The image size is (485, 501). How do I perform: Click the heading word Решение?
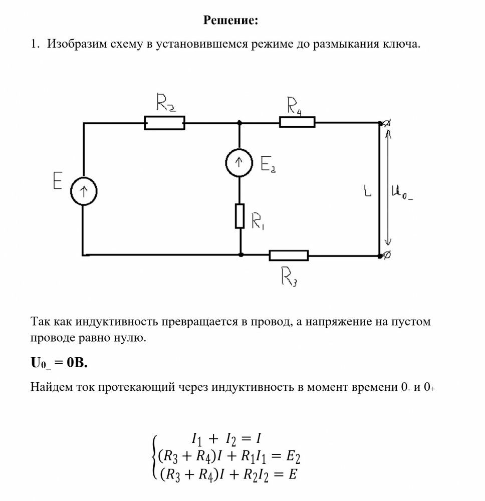(231, 21)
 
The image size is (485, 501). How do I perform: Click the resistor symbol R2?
(164, 123)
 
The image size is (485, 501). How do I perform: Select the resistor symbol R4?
(297, 122)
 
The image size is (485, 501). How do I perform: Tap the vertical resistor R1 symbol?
(240, 216)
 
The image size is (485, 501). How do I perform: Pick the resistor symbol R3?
(289, 256)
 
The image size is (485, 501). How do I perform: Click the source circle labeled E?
(83, 191)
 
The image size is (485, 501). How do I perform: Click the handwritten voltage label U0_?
(403, 192)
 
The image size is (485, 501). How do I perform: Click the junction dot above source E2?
(239, 122)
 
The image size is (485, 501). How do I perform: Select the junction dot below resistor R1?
(241, 255)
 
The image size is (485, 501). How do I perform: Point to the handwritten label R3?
(289, 277)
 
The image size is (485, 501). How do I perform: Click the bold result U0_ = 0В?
(59, 363)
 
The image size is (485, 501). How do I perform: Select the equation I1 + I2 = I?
(226, 438)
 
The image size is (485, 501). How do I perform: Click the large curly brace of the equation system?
(154, 456)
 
